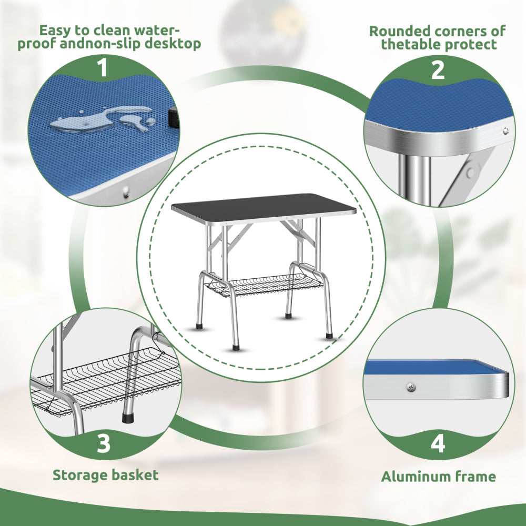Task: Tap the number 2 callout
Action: click(x=438, y=69)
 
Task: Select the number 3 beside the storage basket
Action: click(x=104, y=443)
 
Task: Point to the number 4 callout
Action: click(x=438, y=443)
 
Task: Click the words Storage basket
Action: click(x=105, y=475)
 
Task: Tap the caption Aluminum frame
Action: click(x=438, y=477)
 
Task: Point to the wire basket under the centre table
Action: click(x=258, y=284)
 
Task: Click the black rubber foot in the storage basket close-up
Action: click(x=127, y=417)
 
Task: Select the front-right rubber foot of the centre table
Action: click(x=329, y=335)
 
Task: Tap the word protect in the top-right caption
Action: click(x=468, y=44)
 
